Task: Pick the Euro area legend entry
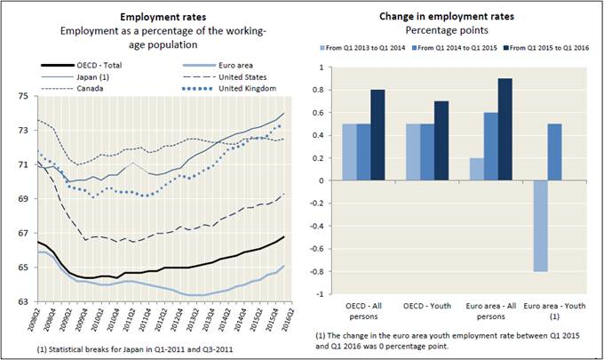click(211, 64)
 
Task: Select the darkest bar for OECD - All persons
click(379, 135)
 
